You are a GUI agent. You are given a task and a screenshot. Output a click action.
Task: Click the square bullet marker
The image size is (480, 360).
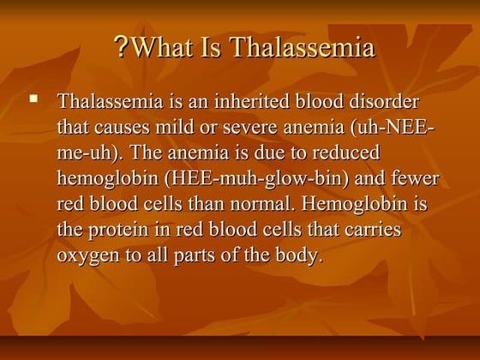(x=35, y=101)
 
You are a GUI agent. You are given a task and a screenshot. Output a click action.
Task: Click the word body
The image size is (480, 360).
(x=301, y=256)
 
